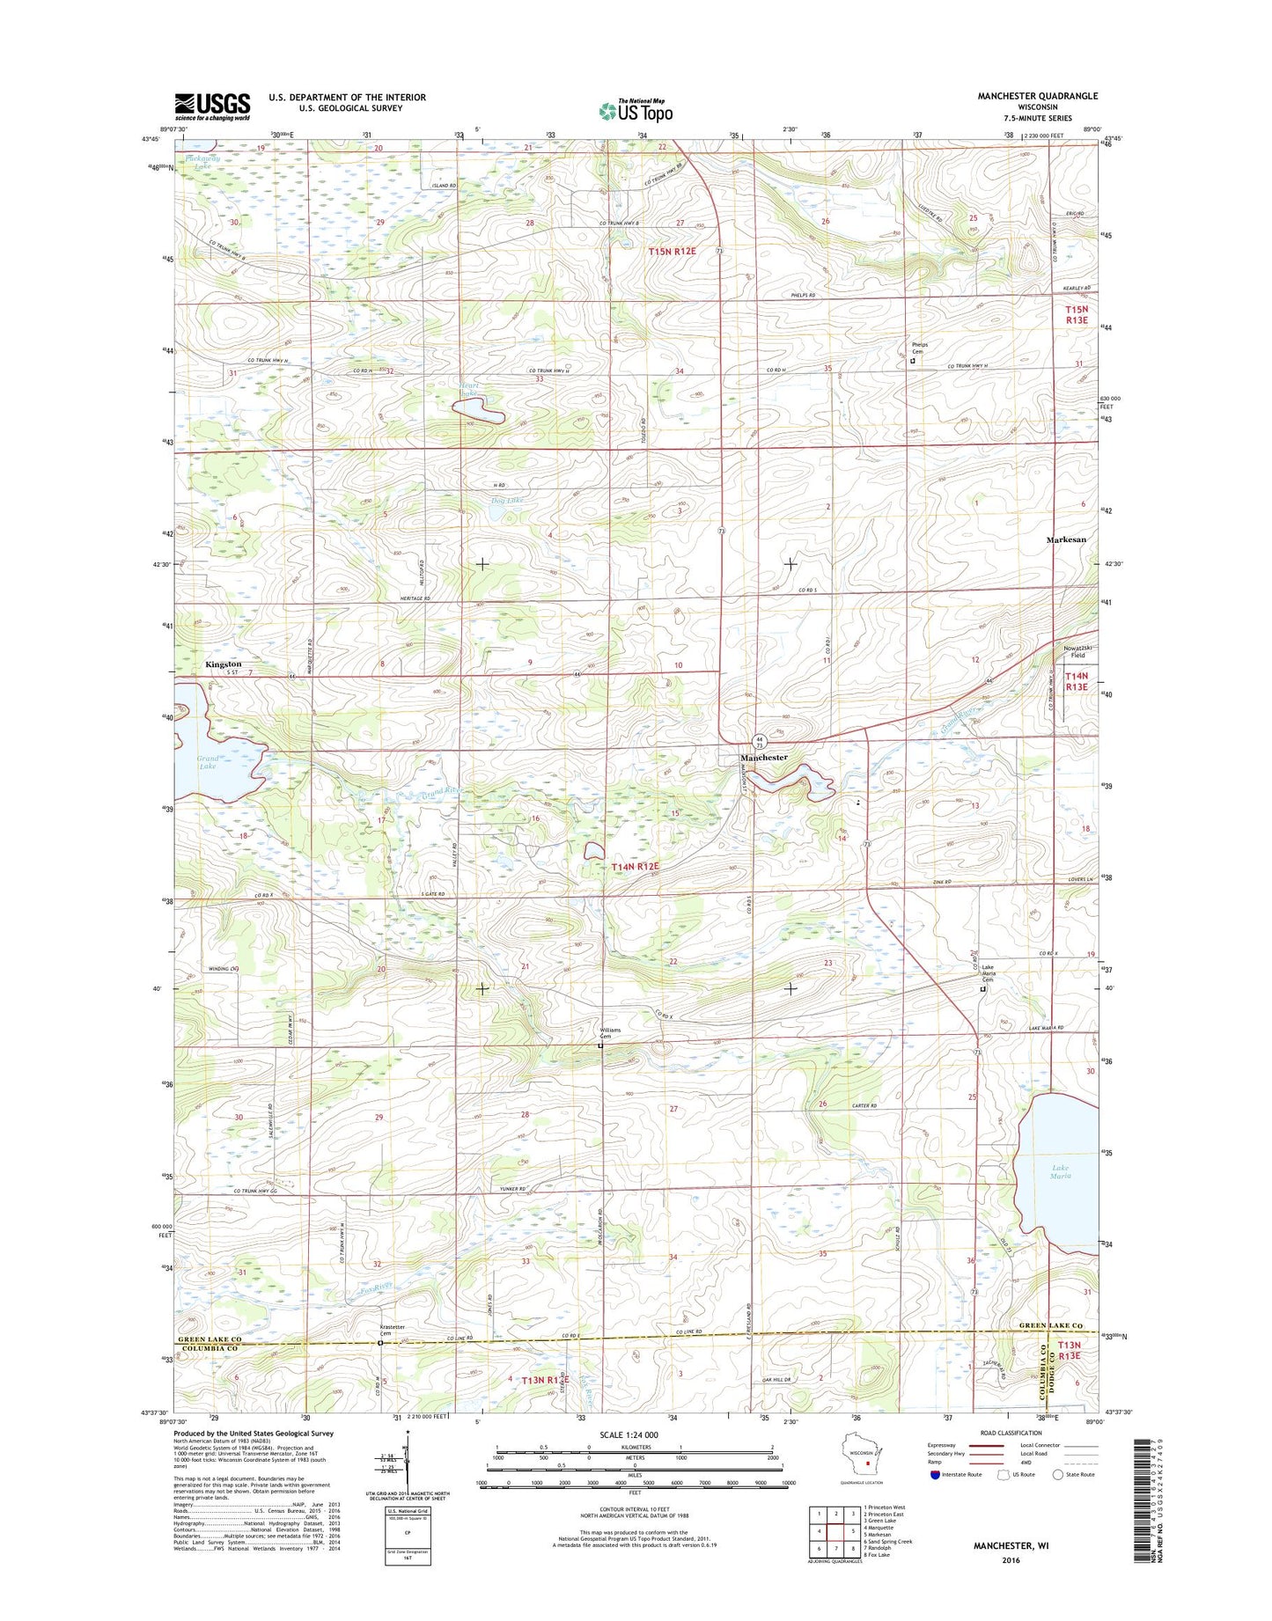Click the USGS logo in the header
[212, 106]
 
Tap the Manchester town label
[763, 758]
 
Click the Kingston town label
[223, 664]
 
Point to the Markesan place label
[1065, 539]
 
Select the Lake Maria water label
[1061, 1171]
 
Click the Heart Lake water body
[476, 410]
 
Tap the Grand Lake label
[208, 762]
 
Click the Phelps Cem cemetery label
[919, 348]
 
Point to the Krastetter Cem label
[380, 1330]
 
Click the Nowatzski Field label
[1071, 650]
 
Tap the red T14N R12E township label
[636, 867]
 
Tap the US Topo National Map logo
[636, 110]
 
